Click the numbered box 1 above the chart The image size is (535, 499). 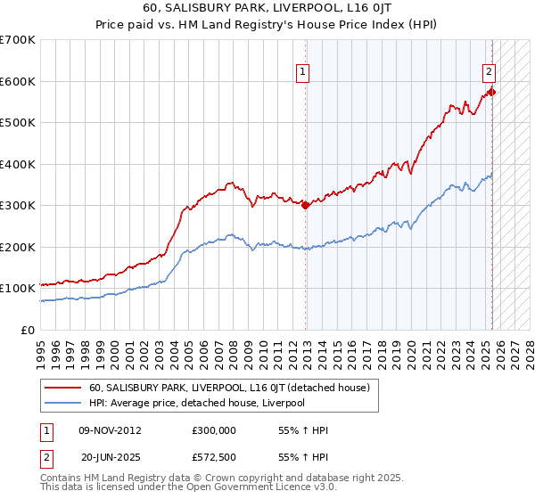(x=303, y=74)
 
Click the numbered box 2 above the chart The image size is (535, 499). (x=490, y=74)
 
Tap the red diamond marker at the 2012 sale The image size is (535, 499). (x=306, y=205)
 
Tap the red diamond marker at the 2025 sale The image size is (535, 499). (x=492, y=92)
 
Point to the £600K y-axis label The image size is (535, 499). (x=18, y=81)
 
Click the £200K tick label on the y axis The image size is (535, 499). (x=18, y=247)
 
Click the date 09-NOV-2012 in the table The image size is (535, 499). (x=110, y=430)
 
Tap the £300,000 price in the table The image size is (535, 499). (x=213, y=430)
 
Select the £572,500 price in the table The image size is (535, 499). (x=213, y=457)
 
